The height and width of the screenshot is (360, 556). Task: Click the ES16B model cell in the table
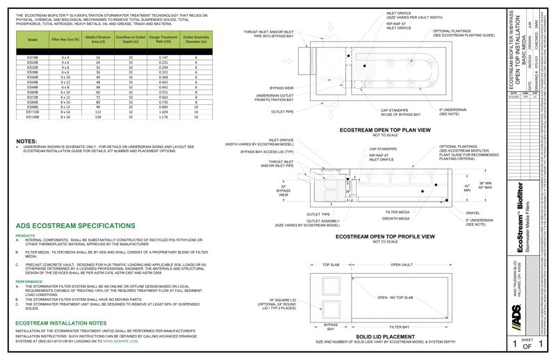33,58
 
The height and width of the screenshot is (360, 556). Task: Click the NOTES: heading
26,141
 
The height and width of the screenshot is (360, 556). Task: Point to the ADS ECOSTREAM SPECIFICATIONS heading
74,226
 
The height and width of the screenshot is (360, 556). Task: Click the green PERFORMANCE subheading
30,281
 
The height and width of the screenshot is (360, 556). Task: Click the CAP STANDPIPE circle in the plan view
405,88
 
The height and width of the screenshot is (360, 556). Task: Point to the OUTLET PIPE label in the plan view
282,111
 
